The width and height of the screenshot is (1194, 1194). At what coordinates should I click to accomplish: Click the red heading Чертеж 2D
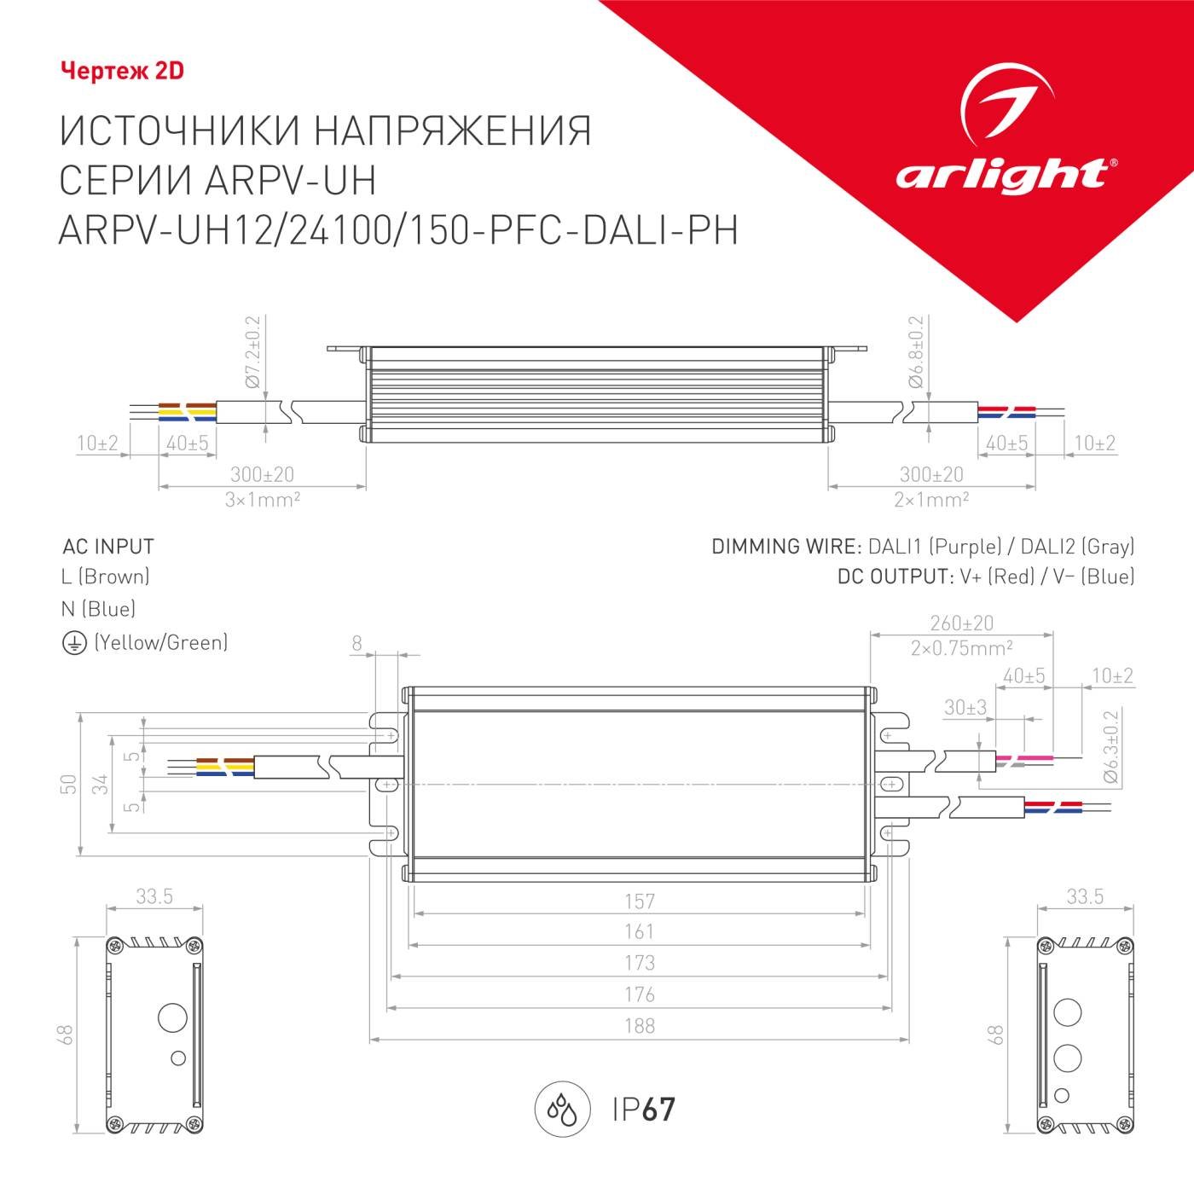(x=122, y=71)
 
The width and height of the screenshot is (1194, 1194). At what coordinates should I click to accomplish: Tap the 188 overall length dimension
(x=640, y=1025)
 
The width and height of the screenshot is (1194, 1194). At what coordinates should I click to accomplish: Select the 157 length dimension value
(x=640, y=901)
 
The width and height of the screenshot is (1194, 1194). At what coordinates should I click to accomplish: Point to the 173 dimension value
(x=640, y=963)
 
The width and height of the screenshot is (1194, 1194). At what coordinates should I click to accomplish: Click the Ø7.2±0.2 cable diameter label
(x=252, y=352)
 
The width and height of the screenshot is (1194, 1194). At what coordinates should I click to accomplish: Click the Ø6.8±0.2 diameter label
(x=916, y=352)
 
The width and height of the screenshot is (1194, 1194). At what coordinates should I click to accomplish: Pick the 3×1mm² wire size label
(x=262, y=500)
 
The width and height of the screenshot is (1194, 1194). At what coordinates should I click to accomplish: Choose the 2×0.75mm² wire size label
(x=961, y=648)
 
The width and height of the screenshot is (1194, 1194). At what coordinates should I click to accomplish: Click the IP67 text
(x=644, y=1110)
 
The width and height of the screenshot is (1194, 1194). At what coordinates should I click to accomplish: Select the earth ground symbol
(x=74, y=643)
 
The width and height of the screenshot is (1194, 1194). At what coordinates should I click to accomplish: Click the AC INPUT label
(x=108, y=547)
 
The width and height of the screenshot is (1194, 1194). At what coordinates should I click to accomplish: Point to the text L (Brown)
(x=106, y=577)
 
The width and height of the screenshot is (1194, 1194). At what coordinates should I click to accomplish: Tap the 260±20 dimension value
(x=961, y=623)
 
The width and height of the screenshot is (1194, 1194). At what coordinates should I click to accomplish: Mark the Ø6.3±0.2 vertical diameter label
(x=1110, y=746)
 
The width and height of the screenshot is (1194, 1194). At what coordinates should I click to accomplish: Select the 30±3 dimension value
(x=965, y=708)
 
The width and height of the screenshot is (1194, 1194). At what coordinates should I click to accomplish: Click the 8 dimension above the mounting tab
(x=357, y=644)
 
